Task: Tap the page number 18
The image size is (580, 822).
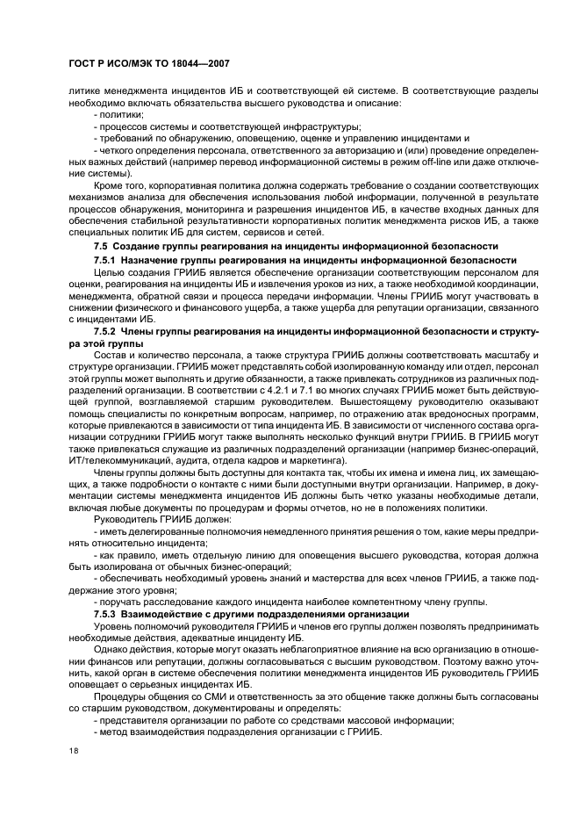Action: coord(75,750)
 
